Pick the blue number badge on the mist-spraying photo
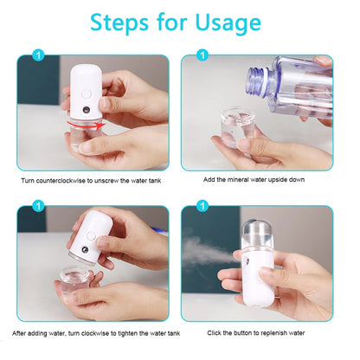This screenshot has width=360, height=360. pyautogui.click(x=200, y=206)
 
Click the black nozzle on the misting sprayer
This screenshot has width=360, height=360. pyautogui.click(x=254, y=260)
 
